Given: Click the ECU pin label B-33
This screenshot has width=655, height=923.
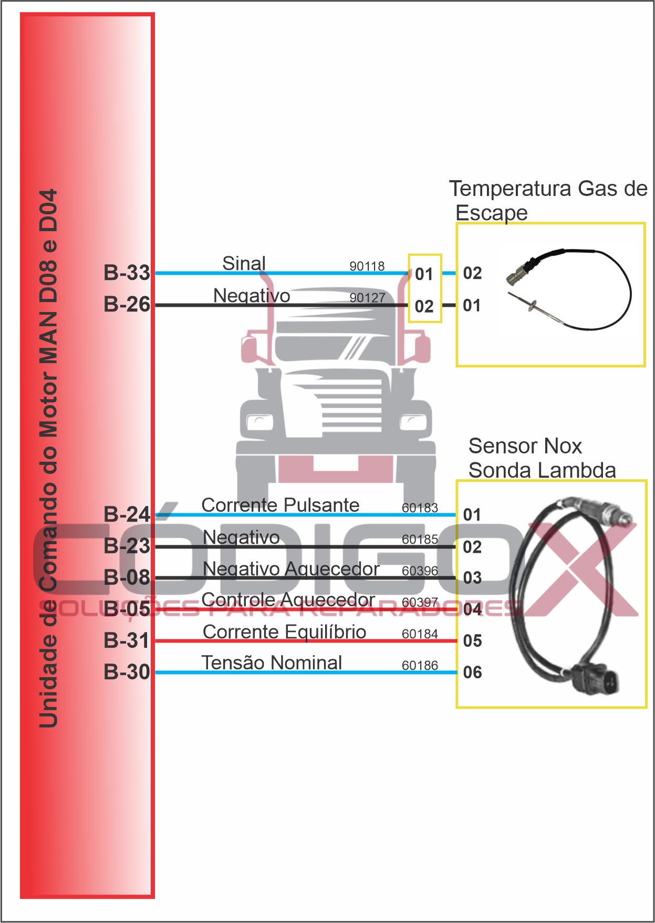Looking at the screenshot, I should [x=127, y=273].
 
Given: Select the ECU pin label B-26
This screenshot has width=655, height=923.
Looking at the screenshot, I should [x=127, y=304].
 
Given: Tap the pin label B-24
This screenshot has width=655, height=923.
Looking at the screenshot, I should [x=127, y=514].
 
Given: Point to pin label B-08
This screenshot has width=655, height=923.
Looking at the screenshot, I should [x=127, y=577].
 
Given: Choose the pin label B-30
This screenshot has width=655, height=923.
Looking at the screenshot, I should [x=127, y=672].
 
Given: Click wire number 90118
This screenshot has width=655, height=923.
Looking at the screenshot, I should [x=367, y=266].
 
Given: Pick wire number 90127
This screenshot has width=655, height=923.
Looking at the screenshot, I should [x=367, y=298].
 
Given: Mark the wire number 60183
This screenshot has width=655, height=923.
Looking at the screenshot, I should [x=420, y=508].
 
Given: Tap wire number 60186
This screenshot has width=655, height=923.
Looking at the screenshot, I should [x=420, y=666].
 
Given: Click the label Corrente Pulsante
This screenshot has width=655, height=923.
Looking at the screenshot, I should [x=280, y=505].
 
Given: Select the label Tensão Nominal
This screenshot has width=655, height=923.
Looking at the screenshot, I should [x=272, y=662].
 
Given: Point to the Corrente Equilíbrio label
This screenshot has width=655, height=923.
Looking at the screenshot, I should [x=284, y=631].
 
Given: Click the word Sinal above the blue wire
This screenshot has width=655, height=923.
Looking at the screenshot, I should [x=244, y=263].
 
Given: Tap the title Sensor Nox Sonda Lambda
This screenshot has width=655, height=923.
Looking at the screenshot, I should [x=541, y=458].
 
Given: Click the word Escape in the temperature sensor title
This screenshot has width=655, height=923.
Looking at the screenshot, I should [x=491, y=213].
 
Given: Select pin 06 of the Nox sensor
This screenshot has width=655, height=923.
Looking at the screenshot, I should [x=472, y=672].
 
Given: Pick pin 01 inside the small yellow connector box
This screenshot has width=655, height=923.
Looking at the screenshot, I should [x=424, y=274].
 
